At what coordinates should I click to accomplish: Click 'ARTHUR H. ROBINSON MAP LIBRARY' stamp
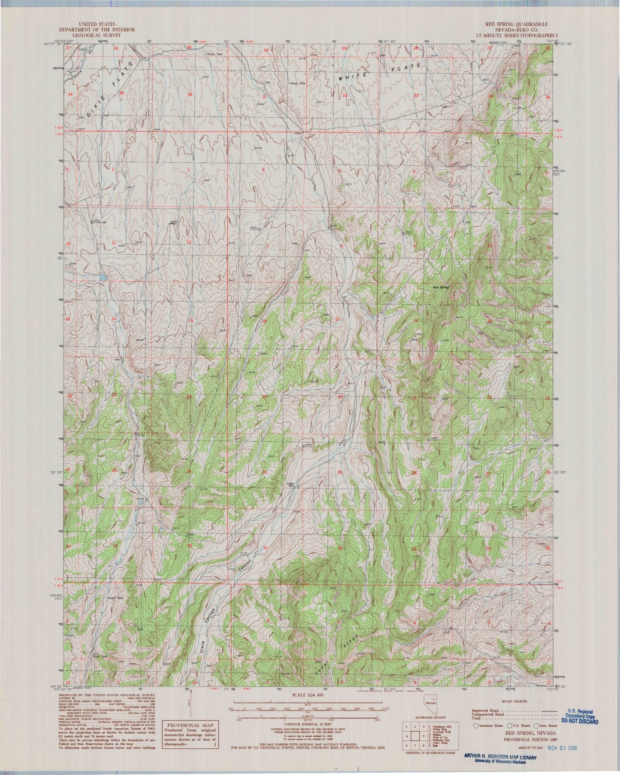tap(499, 757)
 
